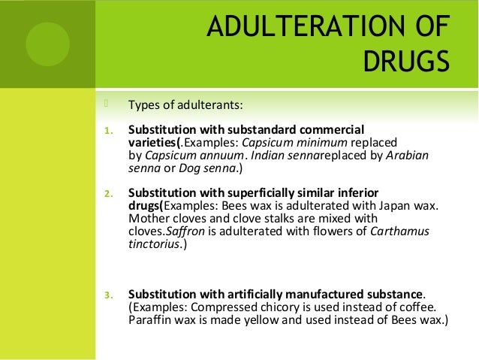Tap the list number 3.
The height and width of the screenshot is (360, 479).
point(107,294)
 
